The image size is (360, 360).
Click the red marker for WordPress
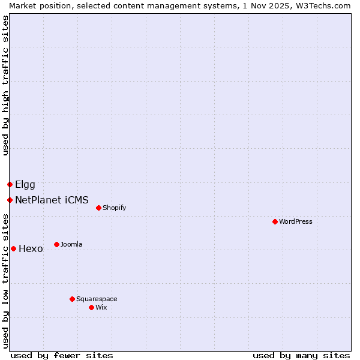(x=275, y=221)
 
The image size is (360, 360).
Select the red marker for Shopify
(x=98, y=208)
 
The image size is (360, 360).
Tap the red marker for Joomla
(x=56, y=244)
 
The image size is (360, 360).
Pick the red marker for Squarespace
(x=72, y=299)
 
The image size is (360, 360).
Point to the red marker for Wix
(x=91, y=307)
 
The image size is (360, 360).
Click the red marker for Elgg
(x=10, y=184)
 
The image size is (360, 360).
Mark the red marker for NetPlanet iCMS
(x=10, y=200)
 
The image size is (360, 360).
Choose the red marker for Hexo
(x=13, y=248)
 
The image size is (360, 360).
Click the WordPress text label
(x=296, y=221)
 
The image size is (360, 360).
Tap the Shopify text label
(x=114, y=208)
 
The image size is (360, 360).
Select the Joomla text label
(x=71, y=244)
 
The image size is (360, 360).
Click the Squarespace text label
(x=97, y=299)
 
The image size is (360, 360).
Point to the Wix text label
(x=101, y=307)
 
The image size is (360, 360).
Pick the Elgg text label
(x=25, y=184)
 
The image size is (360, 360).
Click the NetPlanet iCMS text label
(x=52, y=200)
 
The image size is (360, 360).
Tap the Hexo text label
(x=31, y=248)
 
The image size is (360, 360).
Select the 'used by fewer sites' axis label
(x=62, y=355)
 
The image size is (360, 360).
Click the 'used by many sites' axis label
(x=301, y=355)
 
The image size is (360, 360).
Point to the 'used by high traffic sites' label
(x=5, y=85)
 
